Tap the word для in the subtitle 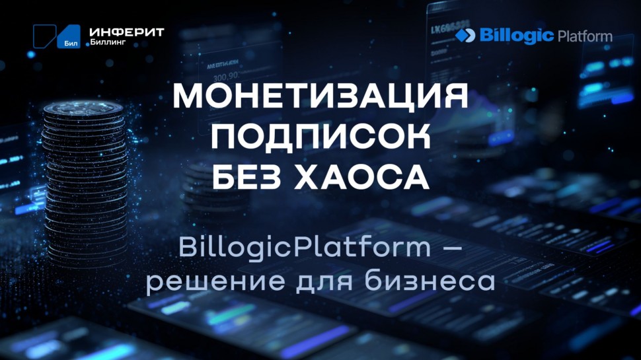(313, 282)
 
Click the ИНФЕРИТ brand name (126, 32)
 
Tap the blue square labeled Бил (69, 38)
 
